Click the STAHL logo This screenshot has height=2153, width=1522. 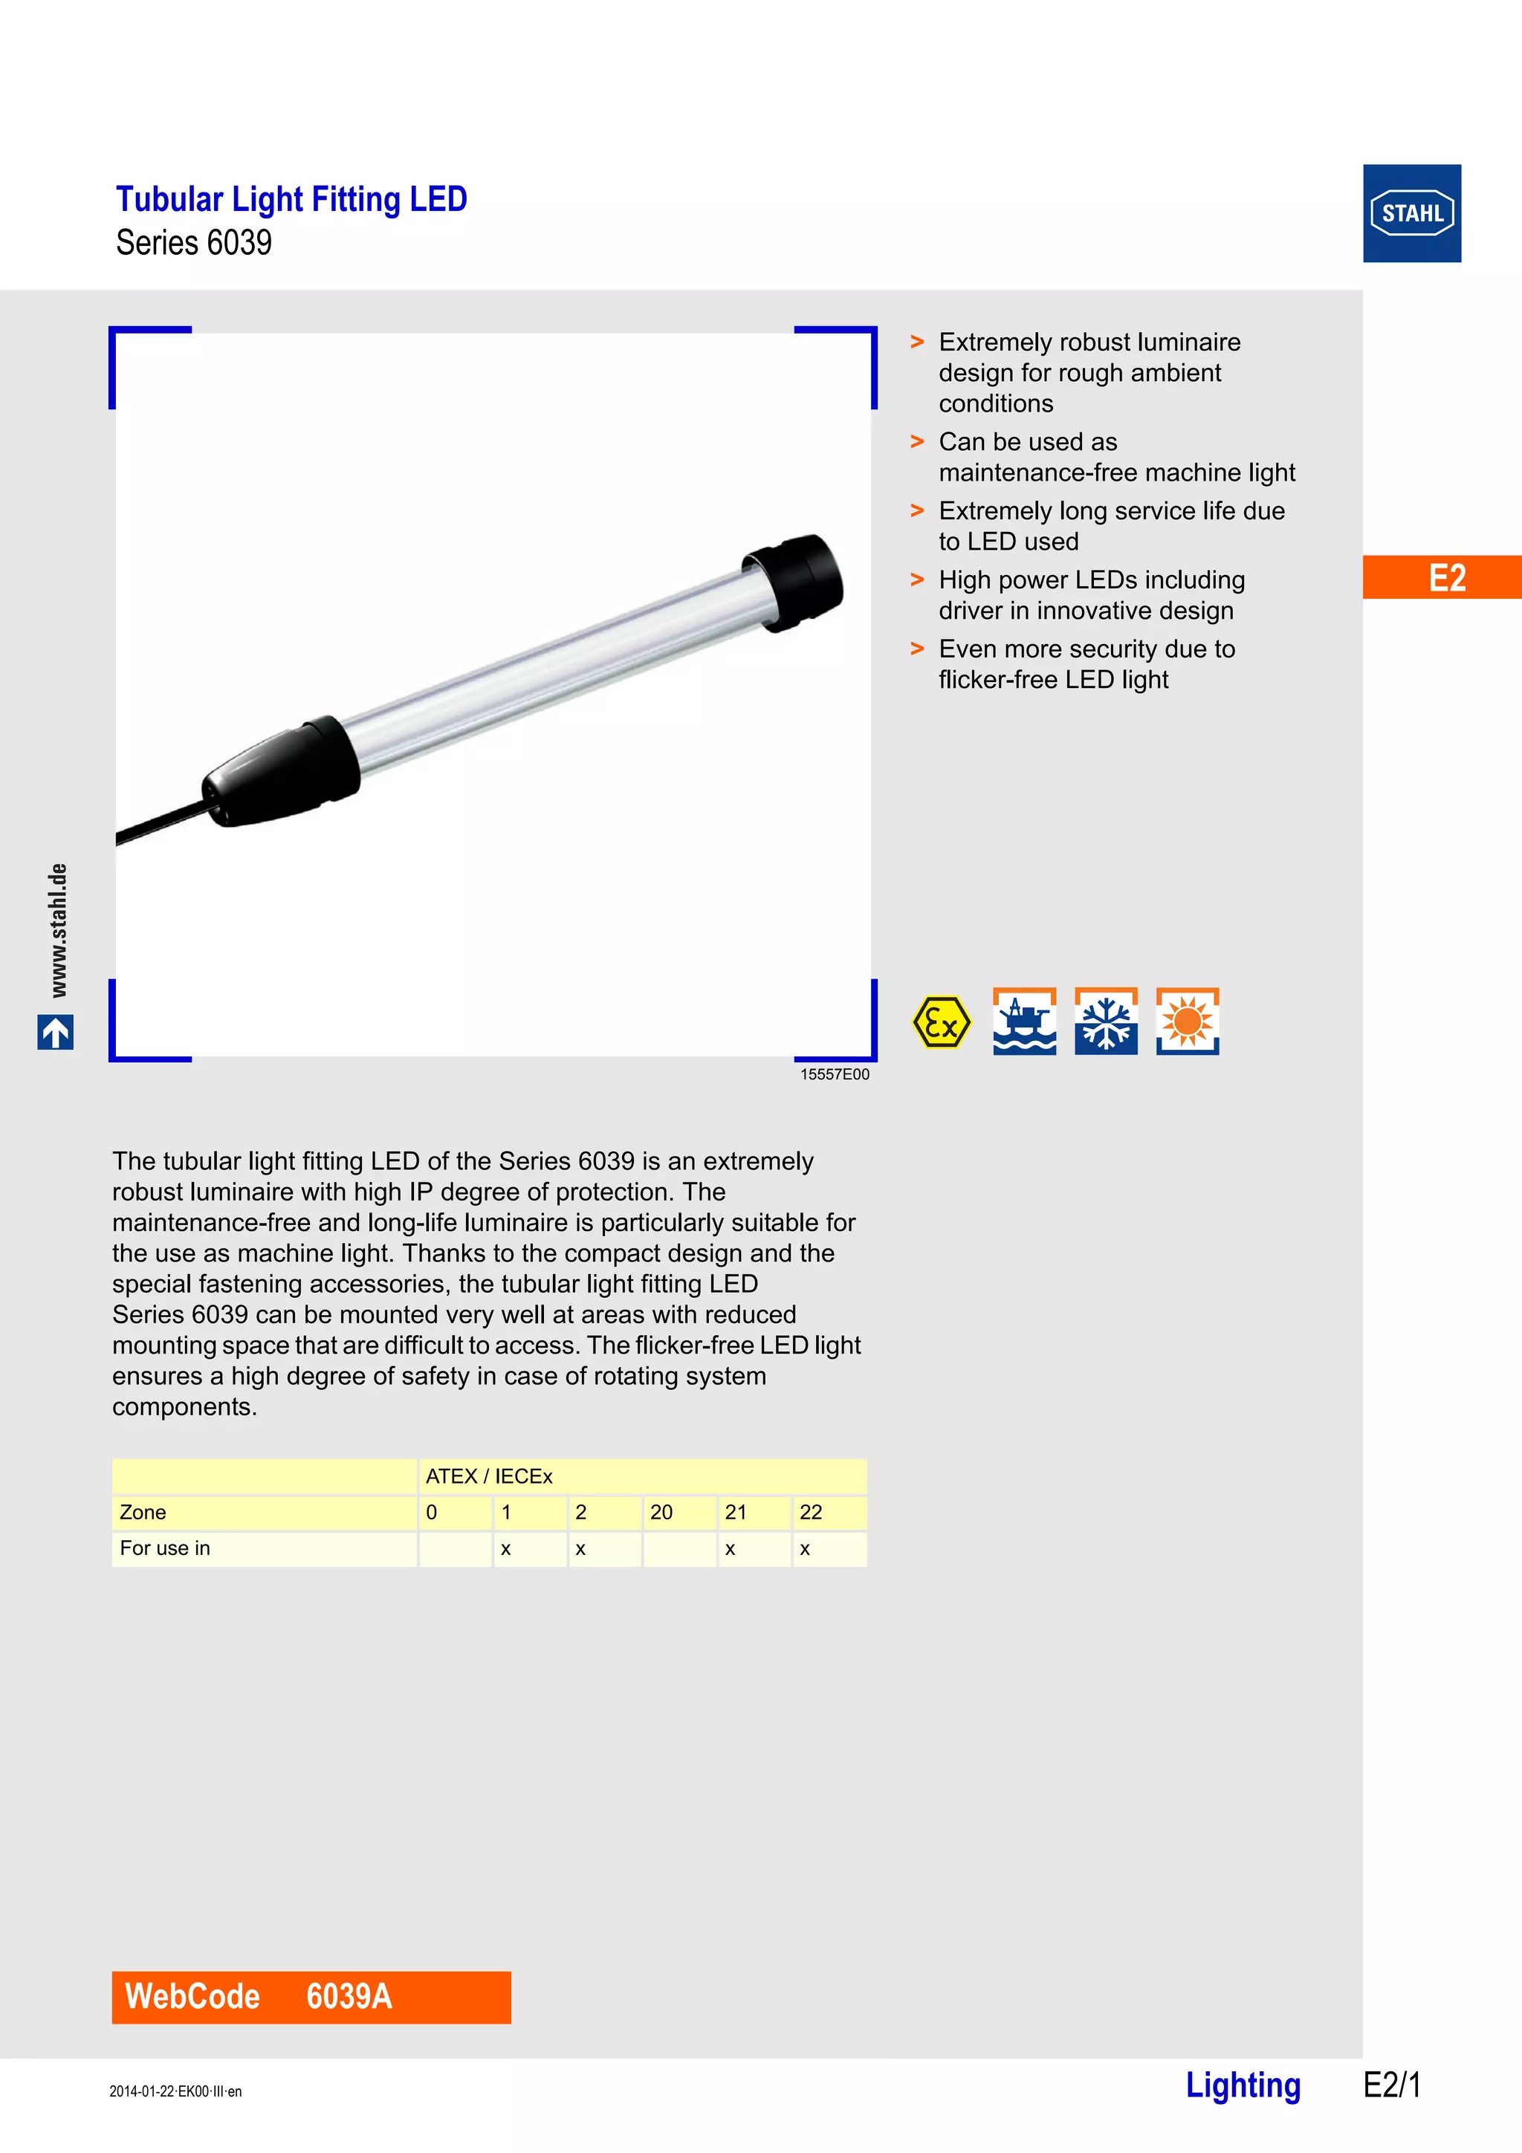pyautogui.click(x=1411, y=213)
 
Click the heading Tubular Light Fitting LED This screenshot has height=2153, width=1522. pyautogui.click(x=291, y=199)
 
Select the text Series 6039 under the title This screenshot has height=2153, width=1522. pyautogui.click(x=193, y=243)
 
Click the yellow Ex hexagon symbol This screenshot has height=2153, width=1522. pyautogui.click(x=941, y=1022)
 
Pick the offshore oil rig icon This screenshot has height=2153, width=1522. pyautogui.click(x=1024, y=1022)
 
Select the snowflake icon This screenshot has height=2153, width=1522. pyautogui.click(x=1106, y=1022)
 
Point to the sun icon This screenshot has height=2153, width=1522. pyautogui.click(x=1188, y=1022)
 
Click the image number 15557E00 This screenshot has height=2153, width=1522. pyautogui.click(x=834, y=1074)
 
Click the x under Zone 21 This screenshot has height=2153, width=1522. pyautogui.click(x=731, y=1549)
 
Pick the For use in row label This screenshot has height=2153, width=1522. pyautogui.click(x=165, y=1548)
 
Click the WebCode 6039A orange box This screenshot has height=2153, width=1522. pyautogui.click(x=311, y=1996)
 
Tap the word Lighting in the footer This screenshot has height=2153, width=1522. pyautogui.click(x=1243, y=2085)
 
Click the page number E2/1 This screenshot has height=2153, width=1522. pyautogui.click(x=1392, y=2085)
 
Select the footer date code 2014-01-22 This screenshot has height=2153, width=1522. pyautogui.click(x=175, y=2091)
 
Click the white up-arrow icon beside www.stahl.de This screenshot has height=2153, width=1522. pyautogui.click(x=55, y=1033)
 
